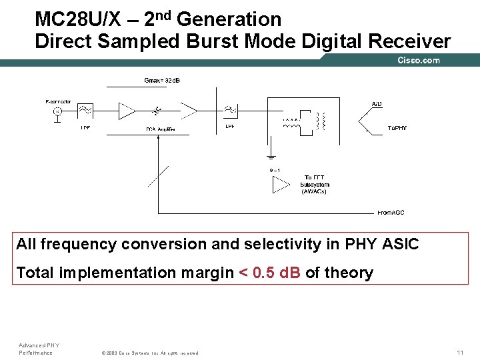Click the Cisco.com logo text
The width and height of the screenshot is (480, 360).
419,60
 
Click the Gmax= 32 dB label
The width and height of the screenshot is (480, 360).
162,81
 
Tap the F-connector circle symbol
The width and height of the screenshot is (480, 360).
57,111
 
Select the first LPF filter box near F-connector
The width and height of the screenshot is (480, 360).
85,111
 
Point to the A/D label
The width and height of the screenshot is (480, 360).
377,104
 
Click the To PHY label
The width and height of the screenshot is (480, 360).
397,128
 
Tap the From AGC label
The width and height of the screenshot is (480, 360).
391,213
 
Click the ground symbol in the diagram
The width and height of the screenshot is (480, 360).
271,158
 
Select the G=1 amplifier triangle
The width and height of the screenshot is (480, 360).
280,184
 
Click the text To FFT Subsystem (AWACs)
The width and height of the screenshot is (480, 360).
315,185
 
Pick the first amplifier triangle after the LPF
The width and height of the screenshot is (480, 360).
127,111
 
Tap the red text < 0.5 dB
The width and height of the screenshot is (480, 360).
269,273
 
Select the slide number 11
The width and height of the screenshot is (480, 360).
459,352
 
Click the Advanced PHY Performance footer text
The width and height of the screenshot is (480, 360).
39,349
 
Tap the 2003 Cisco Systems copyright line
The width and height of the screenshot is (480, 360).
149,353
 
